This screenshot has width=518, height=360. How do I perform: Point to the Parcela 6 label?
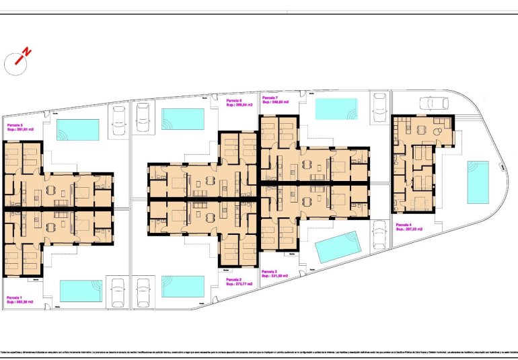235,101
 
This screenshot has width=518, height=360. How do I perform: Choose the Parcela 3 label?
270,271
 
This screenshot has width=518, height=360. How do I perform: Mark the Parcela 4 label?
404,225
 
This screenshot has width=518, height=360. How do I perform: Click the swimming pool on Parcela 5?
78,129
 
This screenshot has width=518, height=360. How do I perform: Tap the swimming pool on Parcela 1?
81,291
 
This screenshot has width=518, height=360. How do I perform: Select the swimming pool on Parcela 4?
478,181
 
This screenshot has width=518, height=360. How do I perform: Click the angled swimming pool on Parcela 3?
337,248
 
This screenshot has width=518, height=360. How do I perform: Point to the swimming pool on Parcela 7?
336,108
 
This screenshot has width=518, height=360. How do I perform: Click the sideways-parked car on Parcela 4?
433,103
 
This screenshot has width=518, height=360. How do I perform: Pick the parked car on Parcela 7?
379,105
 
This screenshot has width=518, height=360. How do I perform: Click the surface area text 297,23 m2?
408,229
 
